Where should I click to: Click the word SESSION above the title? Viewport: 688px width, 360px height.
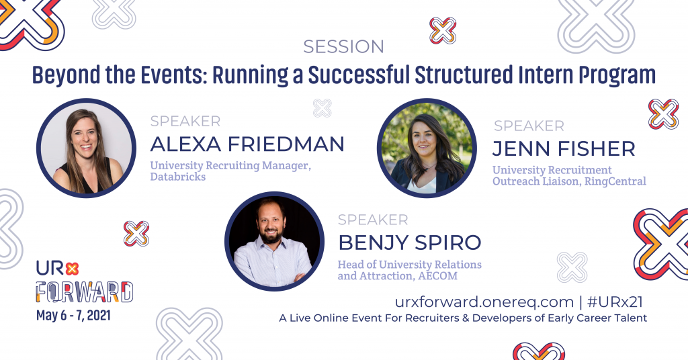[x=343, y=47]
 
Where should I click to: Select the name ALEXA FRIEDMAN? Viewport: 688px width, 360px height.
[x=247, y=144]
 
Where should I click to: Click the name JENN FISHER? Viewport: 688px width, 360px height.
[x=563, y=148]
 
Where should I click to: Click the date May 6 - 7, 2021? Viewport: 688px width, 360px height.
[x=74, y=314]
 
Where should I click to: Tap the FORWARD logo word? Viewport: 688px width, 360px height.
[x=85, y=291]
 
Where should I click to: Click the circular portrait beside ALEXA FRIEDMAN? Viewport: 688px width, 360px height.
[x=87, y=148]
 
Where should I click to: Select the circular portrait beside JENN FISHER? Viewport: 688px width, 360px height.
[x=427, y=148]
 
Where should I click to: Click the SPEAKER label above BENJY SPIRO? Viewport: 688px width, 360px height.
[x=372, y=220]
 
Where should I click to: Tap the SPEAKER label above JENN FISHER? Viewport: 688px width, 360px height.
[x=529, y=126]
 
